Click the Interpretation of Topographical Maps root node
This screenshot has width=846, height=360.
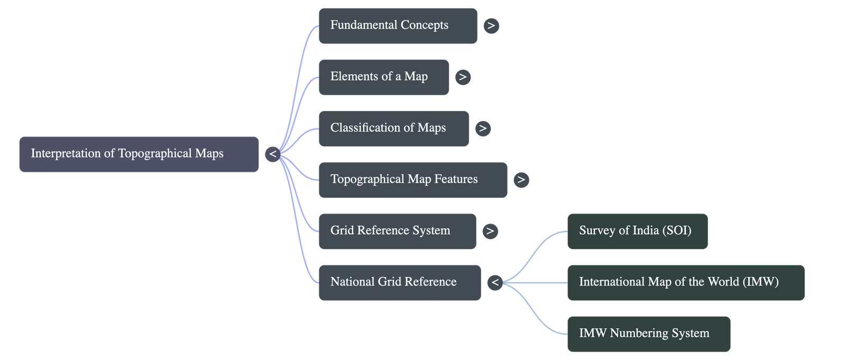pos(139,154)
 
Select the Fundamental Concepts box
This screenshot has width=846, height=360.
pos(398,26)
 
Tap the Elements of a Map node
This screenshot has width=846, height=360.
pos(384,77)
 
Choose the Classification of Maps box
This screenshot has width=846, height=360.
pos(394,128)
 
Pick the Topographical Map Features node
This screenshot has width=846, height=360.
pos(413,180)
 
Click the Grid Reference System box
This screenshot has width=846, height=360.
pos(397,231)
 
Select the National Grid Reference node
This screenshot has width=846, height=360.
pos(400,283)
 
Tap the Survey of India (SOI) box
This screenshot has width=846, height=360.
pos(638,231)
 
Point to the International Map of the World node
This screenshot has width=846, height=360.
pos(686,283)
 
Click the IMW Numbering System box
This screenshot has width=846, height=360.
pos(649,334)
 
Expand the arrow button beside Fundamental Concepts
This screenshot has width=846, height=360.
pos(491,26)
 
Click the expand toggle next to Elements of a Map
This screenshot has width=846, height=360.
pos(463,77)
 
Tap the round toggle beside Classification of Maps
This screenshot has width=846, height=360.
pos(483,128)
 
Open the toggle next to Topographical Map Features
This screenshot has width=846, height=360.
pos(521,180)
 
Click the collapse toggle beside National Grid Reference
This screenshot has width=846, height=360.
pos(495,283)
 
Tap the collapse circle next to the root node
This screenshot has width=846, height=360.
pos(273,154)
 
